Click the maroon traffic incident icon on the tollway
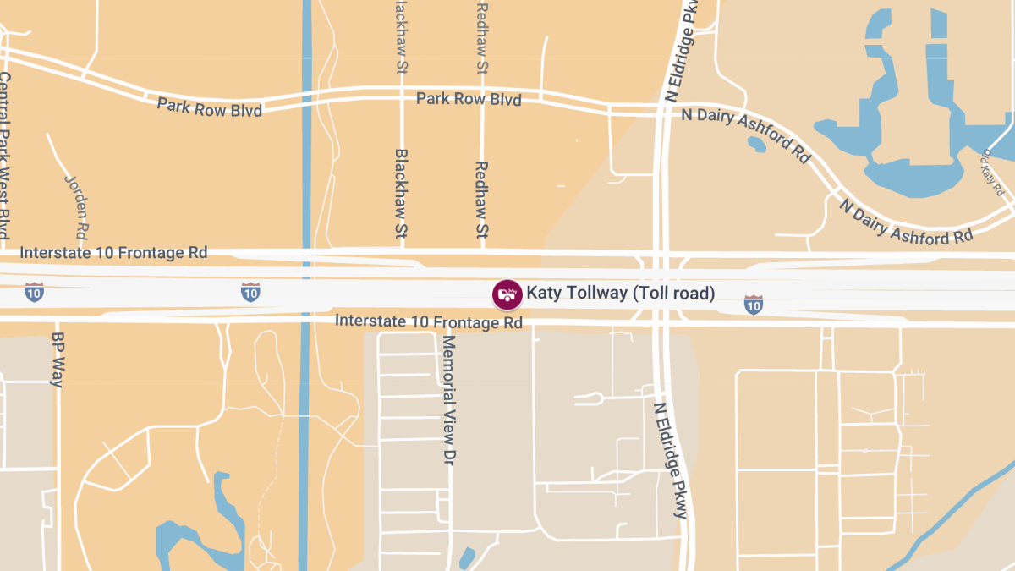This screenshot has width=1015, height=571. (507, 294)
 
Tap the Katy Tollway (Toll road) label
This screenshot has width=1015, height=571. (621, 294)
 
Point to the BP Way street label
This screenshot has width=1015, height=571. (58, 359)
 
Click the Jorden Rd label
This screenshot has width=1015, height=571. (77, 206)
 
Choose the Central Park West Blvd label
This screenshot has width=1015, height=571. (5, 155)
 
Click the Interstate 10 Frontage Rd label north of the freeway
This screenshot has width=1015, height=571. (113, 253)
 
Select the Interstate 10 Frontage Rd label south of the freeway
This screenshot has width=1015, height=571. (429, 321)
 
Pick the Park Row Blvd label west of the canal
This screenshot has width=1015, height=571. (209, 107)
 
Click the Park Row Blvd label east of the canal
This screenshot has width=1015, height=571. (469, 99)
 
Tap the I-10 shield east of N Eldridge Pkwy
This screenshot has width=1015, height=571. (753, 305)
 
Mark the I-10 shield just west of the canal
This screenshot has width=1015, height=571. (250, 293)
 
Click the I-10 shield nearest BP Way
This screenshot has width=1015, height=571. (34, 293)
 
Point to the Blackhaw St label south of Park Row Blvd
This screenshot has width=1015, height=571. (401, 194)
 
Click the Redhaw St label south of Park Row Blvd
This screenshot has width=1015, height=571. (481, 200)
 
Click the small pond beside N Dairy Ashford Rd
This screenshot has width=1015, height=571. (756, 145)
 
